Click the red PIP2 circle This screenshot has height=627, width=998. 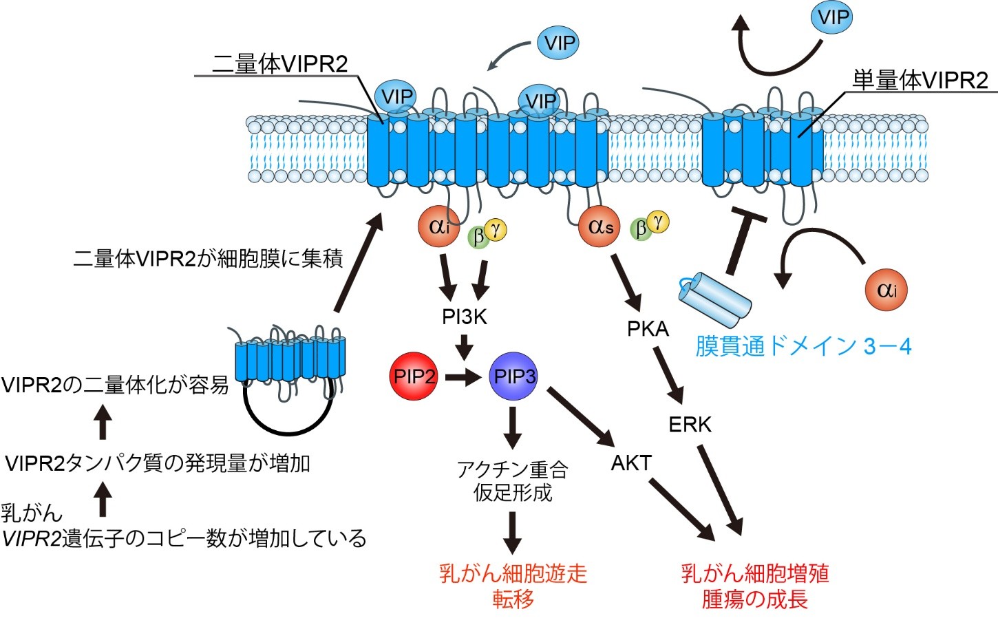click(414, 376)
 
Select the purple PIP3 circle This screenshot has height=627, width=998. click(514, 376)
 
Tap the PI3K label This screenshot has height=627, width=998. click(465, 317)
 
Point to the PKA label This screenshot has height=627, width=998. click(648, 329)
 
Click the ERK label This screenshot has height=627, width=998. click(690, 424)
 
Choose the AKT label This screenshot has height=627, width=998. click(630, 463)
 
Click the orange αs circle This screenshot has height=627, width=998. click(600, 226)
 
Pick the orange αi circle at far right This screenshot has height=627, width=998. click(886, 290)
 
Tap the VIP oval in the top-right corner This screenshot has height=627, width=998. click(831, 17)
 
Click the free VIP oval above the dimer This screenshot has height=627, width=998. click(558, 43)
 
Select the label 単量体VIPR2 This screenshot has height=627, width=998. click(920, 81)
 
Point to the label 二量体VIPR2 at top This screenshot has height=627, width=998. click(280, 64)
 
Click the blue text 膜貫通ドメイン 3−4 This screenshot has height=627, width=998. click(803, 346)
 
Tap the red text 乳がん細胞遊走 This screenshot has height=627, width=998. click(513, 573)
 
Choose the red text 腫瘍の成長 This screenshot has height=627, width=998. click(754, 599)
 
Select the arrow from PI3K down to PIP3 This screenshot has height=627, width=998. click(465, 346)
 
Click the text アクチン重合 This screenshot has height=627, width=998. click(513, 469)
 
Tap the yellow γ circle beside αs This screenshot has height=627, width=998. click(658, 221)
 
